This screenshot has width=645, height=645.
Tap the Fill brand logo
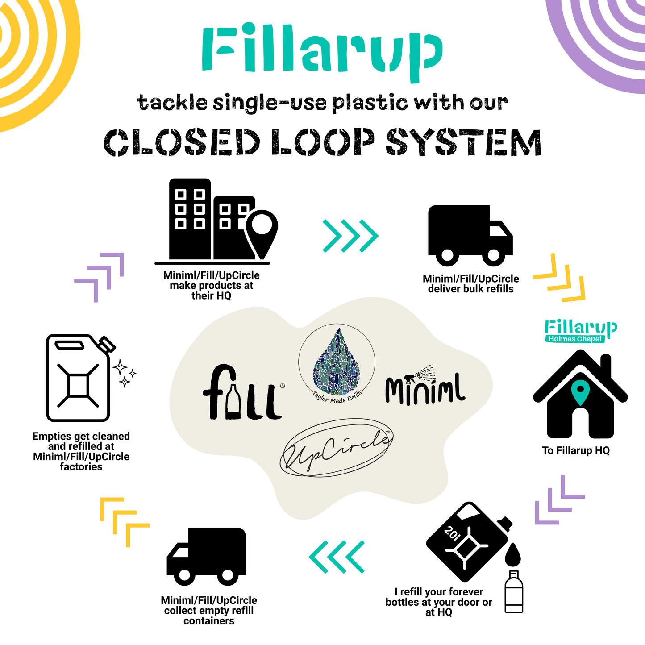(242, 393)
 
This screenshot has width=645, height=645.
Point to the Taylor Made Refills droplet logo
(337, 362)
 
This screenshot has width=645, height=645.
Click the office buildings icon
(214, 221)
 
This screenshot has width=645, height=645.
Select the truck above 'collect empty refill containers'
(206, 556)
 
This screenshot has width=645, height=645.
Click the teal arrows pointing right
(350, 235)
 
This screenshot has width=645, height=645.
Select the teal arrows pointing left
(337, 557)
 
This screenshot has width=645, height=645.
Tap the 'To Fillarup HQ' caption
(576, 451)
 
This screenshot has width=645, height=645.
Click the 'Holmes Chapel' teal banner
(575, 339)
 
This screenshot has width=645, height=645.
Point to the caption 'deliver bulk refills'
(470, 289)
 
